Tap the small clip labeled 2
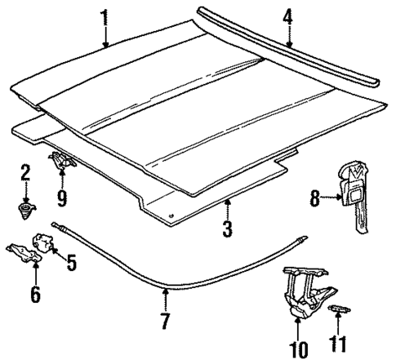pyautogui.click(x=26, y=210)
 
